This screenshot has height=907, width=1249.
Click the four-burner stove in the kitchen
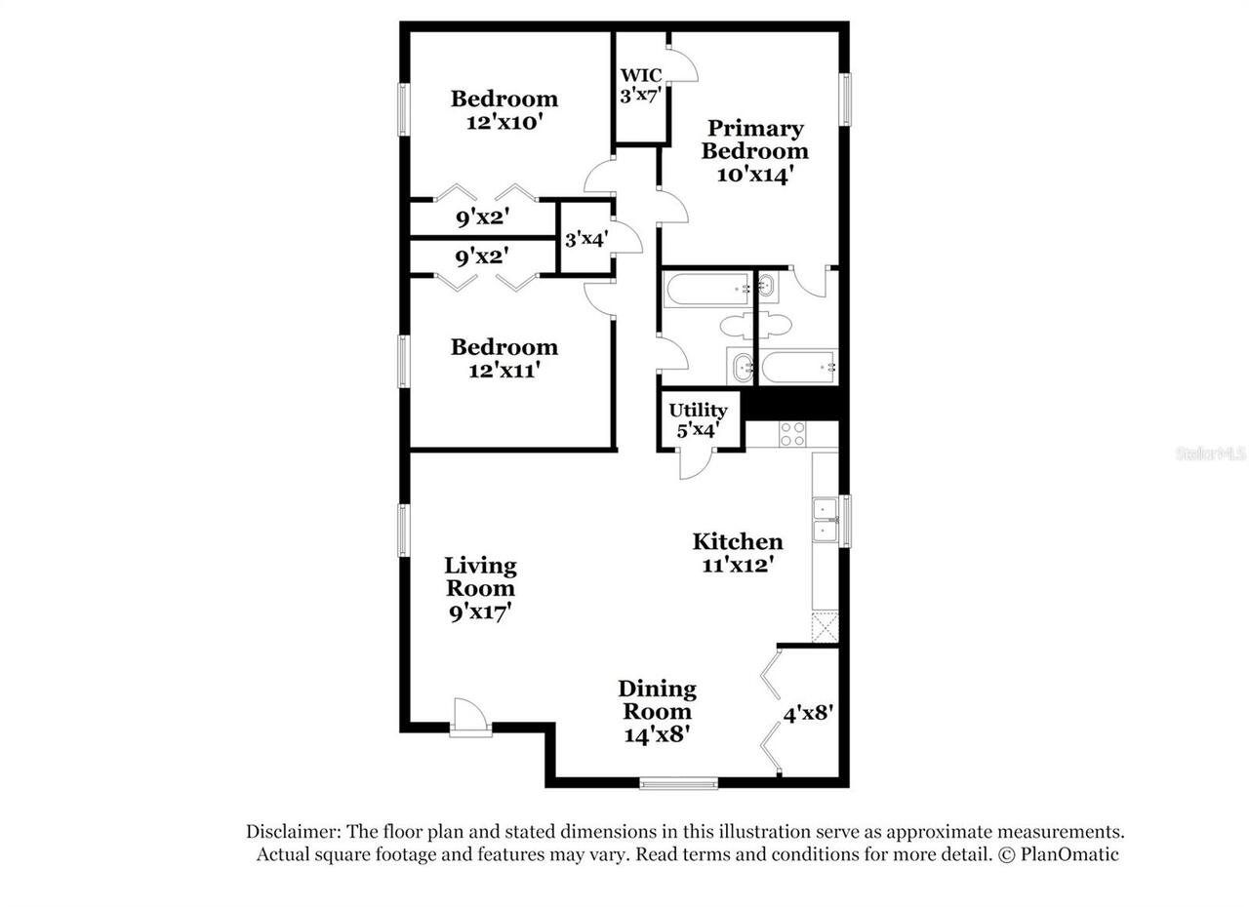coord(792,434)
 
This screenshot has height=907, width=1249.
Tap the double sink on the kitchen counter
coord(826,520)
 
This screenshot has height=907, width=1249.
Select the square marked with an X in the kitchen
coord(826,627)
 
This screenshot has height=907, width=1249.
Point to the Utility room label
coord(698,410)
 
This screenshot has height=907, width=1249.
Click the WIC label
coord(641,75)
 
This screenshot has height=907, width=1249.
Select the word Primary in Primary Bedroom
coord(755,128)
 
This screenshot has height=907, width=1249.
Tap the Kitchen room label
coord(738,541)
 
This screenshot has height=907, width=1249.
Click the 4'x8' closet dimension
coord(808,713)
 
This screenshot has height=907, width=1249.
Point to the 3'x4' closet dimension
coord(585,238)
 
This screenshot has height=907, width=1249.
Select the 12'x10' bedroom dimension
coord(504,122)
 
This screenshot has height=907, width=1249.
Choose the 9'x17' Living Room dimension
coord(479,611)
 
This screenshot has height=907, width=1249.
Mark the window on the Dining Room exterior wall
coord(678,782)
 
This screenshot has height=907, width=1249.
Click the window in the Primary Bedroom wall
coord(846,99)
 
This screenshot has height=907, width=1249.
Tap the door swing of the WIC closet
coord(683,63)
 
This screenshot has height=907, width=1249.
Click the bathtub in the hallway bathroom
coord(706,288)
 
